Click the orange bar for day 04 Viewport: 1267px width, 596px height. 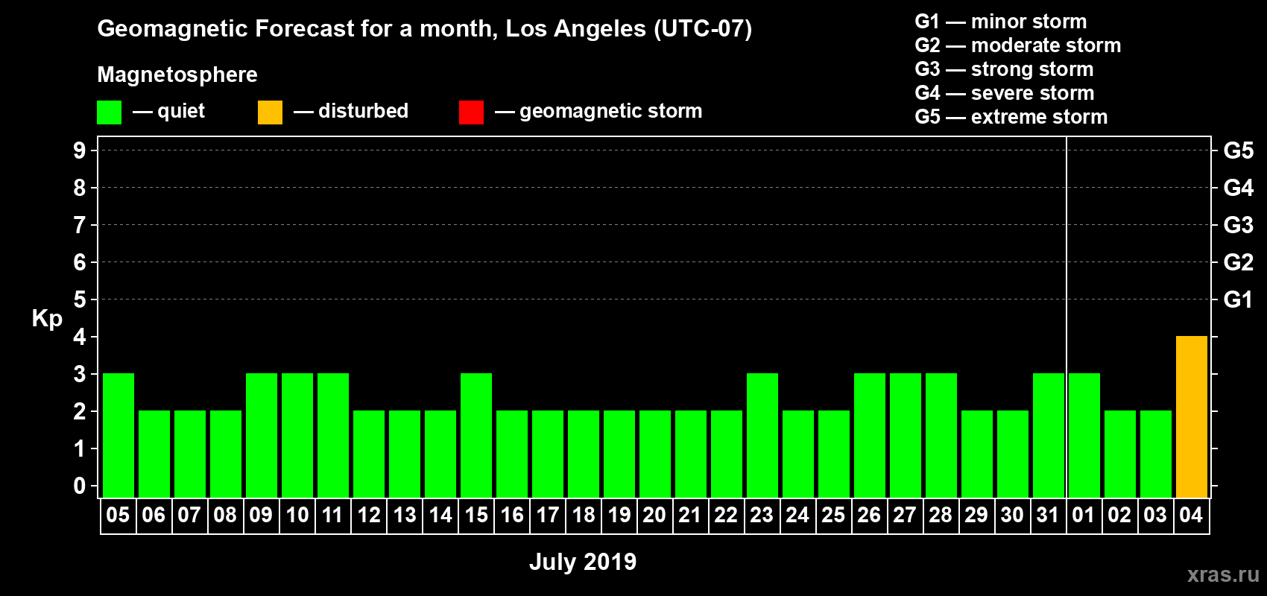point(1191,416)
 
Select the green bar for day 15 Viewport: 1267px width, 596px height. point(476,435)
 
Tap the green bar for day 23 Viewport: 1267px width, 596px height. point(762,435)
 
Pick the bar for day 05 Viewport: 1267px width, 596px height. point(119,435)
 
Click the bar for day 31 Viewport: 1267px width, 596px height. point(1049,435)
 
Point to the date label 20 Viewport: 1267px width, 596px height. point(654,515)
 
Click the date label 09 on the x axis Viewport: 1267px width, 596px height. point(261,515)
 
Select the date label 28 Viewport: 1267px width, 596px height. point(941,515)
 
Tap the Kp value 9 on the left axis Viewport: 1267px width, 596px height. point(79,150)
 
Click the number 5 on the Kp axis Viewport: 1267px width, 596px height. point(79,299)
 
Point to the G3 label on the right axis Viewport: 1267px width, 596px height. point(1238,225)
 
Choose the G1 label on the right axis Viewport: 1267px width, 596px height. point(1238,299)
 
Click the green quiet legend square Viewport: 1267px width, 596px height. point(109,112)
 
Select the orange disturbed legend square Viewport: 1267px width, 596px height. point(270,112)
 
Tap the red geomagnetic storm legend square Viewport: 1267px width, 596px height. point(471,112)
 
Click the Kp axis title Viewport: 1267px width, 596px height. point(47,319)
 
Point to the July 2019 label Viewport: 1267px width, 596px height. point(583,562)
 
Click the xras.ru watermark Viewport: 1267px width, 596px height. point(1223,574)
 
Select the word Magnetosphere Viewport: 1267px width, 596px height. point(177,74)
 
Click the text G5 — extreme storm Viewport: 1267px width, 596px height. point(1011,117)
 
